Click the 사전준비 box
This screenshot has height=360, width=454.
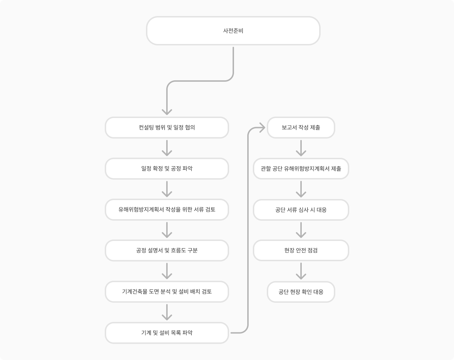tap(233, 31)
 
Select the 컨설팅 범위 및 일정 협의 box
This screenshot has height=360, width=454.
tap(167, 127)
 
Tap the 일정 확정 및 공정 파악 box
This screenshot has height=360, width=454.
tap(167, 169)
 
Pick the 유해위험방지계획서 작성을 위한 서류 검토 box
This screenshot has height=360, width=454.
tap(167, 210)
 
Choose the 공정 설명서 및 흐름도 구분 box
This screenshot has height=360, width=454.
tap(167, 250)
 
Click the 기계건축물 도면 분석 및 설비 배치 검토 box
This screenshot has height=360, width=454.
tap(167, 292)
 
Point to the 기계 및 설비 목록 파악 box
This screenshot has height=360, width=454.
tap(167, 333)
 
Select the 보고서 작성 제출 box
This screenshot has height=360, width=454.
tap(301, 127)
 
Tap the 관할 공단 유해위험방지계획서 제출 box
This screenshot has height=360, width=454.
tap(301, 169)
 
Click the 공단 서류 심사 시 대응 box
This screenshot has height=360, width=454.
tap(301, 210)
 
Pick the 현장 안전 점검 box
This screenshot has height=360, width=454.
tap(301, 250)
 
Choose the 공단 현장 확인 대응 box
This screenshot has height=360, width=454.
tap(301, 292)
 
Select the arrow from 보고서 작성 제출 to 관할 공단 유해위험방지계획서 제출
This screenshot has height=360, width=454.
tap(301, 148)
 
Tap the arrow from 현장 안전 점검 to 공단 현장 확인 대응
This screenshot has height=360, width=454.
tap(301, 271)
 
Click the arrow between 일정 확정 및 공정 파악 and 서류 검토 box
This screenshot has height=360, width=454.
tap(167, 189)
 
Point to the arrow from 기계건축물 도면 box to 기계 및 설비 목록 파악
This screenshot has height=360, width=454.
tap(167, 312)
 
